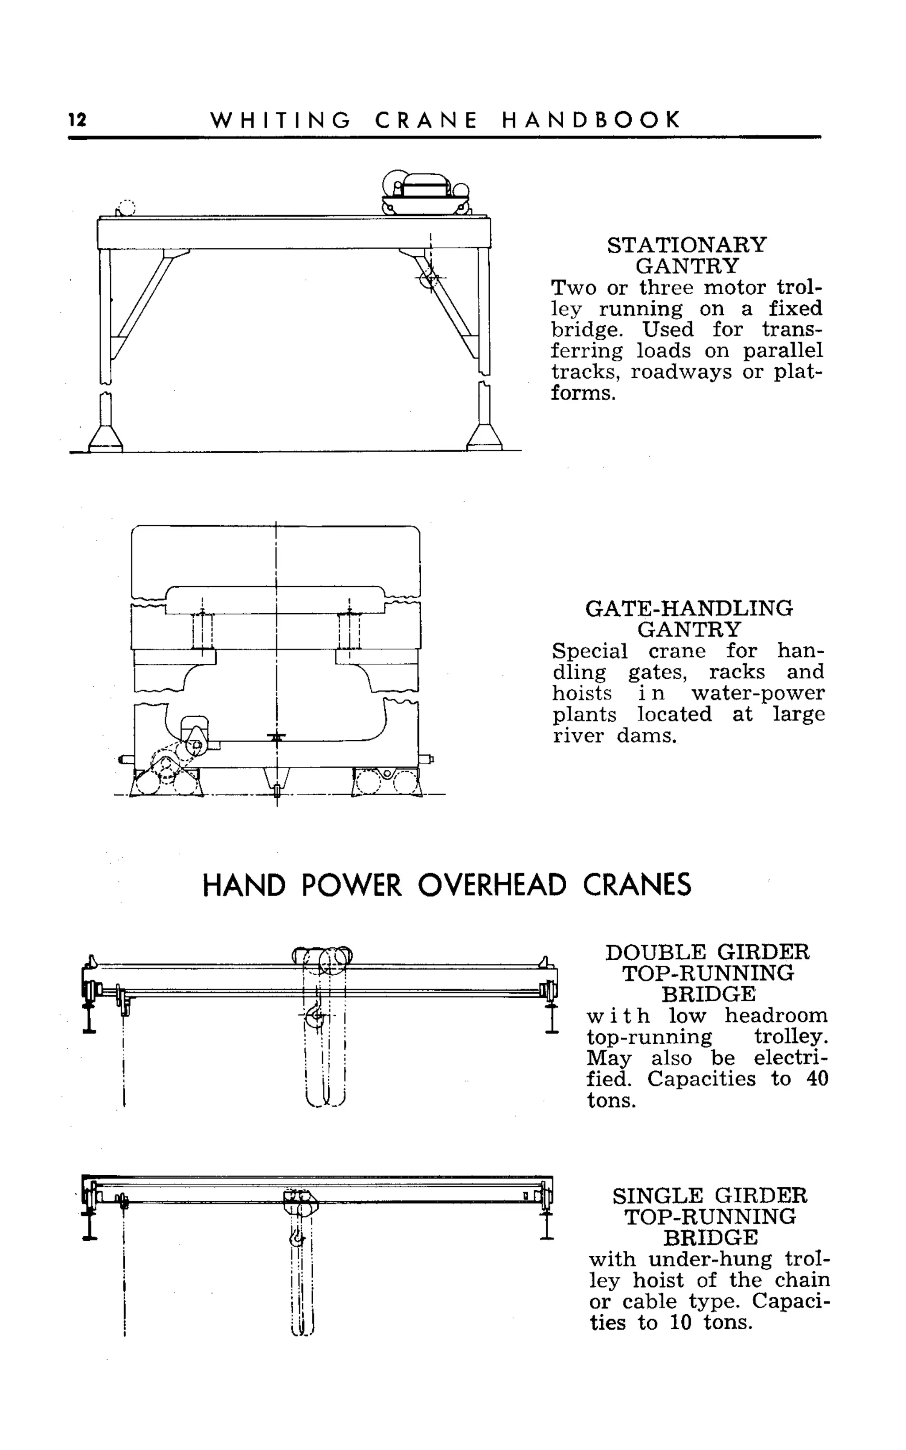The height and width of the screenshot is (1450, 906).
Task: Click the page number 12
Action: pyautogui.click(x=77, y=120)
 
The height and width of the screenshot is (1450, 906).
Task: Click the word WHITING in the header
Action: pyautogui.click(x=280, y=120)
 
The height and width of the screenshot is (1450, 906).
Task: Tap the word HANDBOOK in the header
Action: pyautogui.click(x=591, y=120)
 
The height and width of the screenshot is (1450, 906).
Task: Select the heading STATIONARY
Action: pyautogui.click(x=687, y=245)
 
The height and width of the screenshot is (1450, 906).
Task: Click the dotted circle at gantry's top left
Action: pyautogui.click(x=127, y=208)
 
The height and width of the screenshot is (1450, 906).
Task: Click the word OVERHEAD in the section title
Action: pyautogui.click(x=491, y=885)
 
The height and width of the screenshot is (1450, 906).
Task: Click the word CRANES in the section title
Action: pyautogui.click(x=637, y=885)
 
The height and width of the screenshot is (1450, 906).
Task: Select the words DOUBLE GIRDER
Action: pyautogui.click(x=707, y=952)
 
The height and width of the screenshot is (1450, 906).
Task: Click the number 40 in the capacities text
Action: pyautogui.click(x=815, y=1078)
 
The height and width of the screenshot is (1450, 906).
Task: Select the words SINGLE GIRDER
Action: pyautogui.click(x=710, y=1196)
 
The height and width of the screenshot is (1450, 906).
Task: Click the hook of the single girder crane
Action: pyautogui.click(x=296, y=1238)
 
